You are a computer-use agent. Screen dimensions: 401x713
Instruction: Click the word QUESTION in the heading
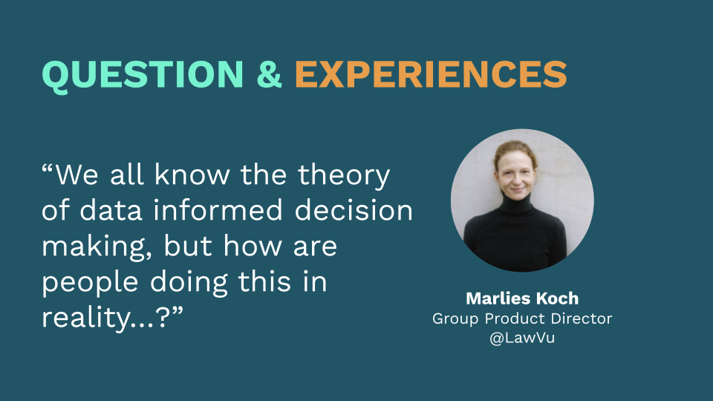point(143,74)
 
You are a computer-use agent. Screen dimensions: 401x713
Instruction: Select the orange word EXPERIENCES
point(431,74)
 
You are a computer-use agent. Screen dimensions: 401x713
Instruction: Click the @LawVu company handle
point(521,339)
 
